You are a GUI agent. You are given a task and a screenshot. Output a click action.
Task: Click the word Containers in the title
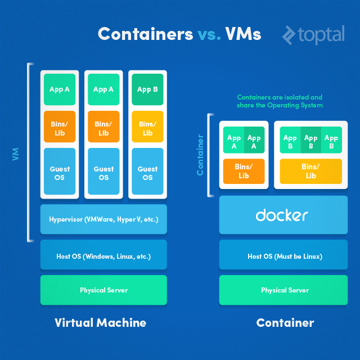145,34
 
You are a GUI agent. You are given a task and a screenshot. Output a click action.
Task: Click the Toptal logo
313,35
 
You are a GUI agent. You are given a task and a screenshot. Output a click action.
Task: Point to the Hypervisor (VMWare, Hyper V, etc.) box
103,219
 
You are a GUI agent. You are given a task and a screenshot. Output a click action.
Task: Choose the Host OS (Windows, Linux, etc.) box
103,256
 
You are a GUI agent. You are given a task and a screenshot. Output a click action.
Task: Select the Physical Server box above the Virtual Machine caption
103,290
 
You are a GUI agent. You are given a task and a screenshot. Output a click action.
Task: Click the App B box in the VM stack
147,89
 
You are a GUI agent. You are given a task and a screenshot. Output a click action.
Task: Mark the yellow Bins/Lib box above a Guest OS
147,128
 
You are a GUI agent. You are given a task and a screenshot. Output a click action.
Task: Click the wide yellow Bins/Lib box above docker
310,171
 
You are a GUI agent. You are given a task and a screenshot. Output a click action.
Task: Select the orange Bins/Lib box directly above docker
244,171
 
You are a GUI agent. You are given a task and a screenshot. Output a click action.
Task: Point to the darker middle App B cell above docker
310,141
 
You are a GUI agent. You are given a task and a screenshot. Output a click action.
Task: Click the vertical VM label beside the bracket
16,154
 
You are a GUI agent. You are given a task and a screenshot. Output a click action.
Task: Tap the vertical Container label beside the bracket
200,154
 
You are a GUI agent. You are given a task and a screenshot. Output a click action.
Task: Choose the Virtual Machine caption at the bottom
100,323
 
